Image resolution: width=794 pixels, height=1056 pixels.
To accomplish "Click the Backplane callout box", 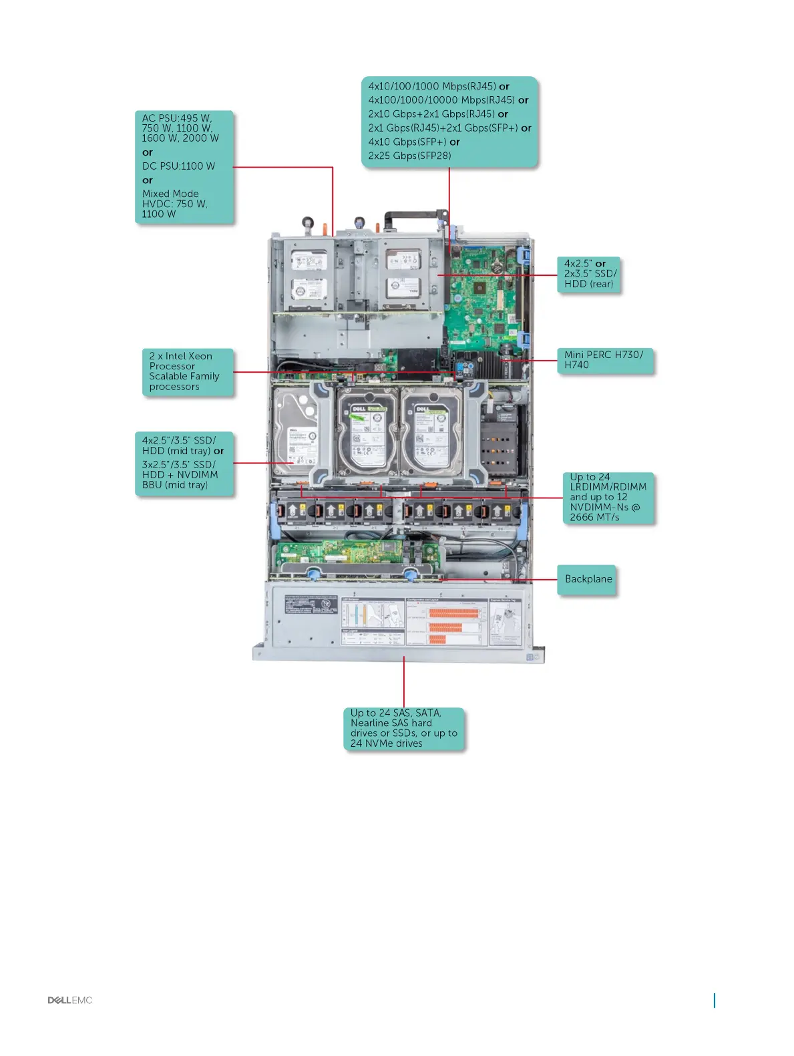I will pos(588,579).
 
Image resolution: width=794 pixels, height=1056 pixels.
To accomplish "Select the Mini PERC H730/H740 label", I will pos(604,360).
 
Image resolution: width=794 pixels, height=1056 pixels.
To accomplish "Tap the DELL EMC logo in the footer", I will pos(70,1000).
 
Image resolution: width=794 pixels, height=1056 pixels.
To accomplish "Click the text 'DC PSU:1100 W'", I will pos(178,166).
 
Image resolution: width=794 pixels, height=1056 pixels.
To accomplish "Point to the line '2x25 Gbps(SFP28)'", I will pos(409,156).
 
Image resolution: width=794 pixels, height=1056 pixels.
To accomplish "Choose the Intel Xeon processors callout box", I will pos(188,371).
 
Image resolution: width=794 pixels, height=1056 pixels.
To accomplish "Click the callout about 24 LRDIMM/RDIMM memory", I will pos(608,497).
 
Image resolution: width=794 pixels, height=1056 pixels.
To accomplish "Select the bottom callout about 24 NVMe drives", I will pos(403,728).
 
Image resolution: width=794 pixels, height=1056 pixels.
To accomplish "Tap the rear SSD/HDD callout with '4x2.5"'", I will pos(590,274).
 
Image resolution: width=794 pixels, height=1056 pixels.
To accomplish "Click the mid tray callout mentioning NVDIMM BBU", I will pos(184,463).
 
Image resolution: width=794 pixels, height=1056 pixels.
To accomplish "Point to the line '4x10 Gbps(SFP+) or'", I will pos(414,142).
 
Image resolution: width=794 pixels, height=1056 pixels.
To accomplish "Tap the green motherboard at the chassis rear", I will pos(481,294).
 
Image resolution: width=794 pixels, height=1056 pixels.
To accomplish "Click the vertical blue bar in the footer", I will pos(715,1000).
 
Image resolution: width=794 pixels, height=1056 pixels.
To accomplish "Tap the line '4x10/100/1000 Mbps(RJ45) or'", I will pos(438,86).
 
